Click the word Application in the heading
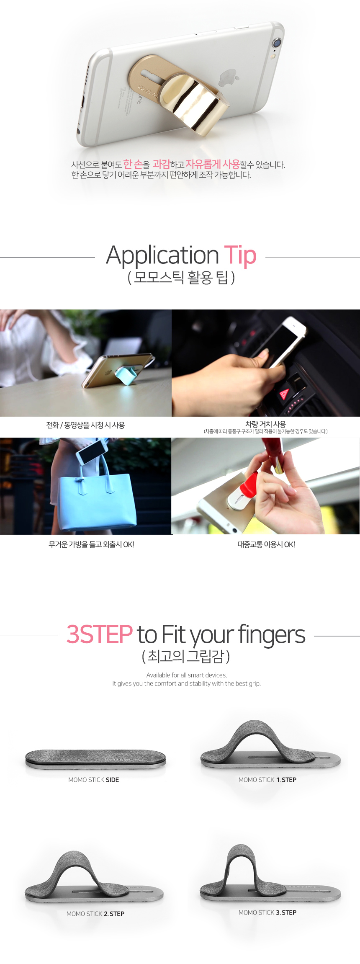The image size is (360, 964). click(x=162, y=255)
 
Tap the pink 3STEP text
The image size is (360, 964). click(x=100, y=634)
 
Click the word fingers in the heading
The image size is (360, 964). click(x=272, y=635)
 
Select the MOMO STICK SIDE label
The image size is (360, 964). click(x=94, y=780)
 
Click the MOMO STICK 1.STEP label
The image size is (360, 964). click(x=267, y=780)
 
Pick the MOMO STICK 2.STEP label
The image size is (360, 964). click(x=95, y=914)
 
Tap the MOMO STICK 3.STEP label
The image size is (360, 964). click(x=267, y=912)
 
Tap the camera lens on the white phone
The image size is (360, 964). click(x=277, y=43)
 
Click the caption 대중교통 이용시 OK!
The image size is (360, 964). click(x=266, y=544)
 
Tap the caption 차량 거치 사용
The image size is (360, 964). click(x=265, y=424)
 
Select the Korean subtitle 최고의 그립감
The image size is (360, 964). click(x=186, y=656)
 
